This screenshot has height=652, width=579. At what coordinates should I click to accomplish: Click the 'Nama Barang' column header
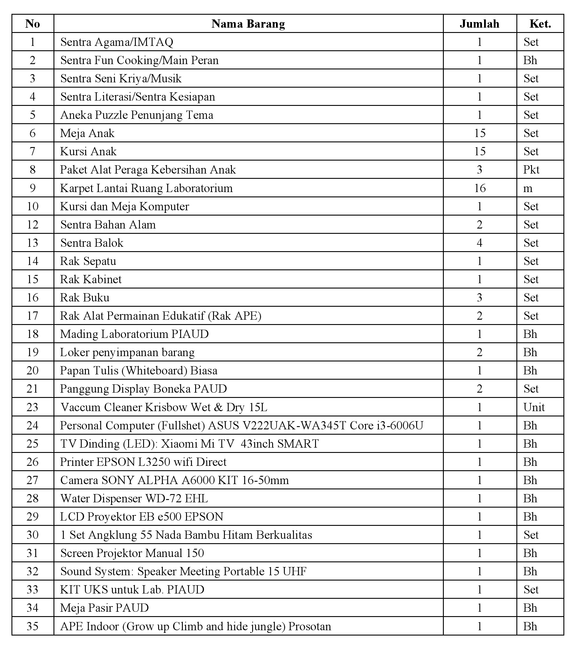248,24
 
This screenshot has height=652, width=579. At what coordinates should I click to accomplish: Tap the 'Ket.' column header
540,24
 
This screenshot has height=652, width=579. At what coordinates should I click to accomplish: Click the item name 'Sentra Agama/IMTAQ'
117,42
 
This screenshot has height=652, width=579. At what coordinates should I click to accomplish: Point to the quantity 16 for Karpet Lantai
480,188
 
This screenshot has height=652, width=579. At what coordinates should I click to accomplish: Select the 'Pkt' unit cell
531,170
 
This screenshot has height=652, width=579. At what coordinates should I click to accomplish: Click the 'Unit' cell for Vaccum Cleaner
534,407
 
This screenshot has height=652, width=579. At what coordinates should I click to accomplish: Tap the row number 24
33,426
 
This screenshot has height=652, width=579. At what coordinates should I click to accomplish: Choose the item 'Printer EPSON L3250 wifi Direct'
143,462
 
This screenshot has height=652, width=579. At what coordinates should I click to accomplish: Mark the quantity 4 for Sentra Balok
480,243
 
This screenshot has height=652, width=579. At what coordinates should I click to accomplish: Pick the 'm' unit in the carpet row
528,189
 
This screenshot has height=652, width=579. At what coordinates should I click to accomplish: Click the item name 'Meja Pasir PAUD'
105,608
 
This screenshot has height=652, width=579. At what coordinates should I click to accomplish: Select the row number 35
33,626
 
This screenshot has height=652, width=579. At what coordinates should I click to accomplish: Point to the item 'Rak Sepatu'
88,261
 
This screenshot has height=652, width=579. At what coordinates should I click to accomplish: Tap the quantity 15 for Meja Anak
480,133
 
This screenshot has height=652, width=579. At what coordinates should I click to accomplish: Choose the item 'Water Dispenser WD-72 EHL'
134,498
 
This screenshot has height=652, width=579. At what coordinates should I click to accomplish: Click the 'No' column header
33,24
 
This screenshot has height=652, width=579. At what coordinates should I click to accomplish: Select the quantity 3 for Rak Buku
480,298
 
